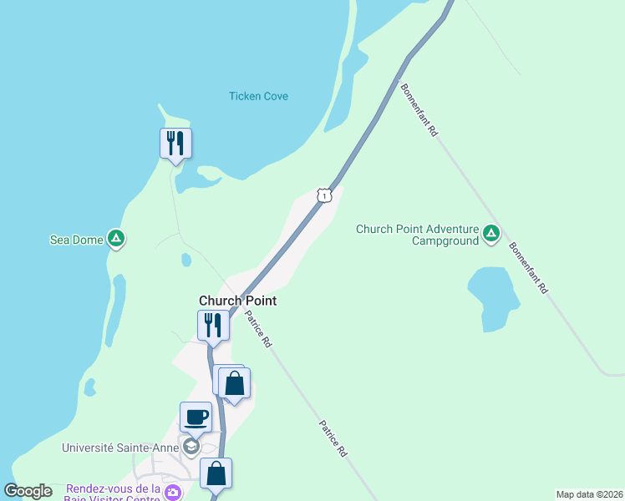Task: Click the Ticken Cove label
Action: (x=258, y=96)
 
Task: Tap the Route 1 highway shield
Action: (x=324, y=195)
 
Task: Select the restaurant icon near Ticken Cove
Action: (x=175, y=143)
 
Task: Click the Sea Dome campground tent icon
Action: (x=116, y=240)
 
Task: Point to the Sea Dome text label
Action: (x=76, y=240)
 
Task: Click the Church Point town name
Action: (x=237, y=301)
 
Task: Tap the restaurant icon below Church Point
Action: (x=213, y=325)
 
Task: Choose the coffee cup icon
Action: (x=196, y=417)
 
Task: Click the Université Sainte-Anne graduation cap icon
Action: (x=191, y=447)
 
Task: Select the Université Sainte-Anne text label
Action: (x=120, y=448)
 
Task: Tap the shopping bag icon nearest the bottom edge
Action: (x=216, y=473)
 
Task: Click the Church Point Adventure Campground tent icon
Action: (x=491, y=234)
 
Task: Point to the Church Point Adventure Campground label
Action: (x=417, y=235)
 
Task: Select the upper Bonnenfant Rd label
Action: (x=419, y=109)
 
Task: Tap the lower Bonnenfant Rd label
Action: (x=528, y=268)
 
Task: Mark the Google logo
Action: (x=28, y=491)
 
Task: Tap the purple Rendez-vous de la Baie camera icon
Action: (x=173, y=493)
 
